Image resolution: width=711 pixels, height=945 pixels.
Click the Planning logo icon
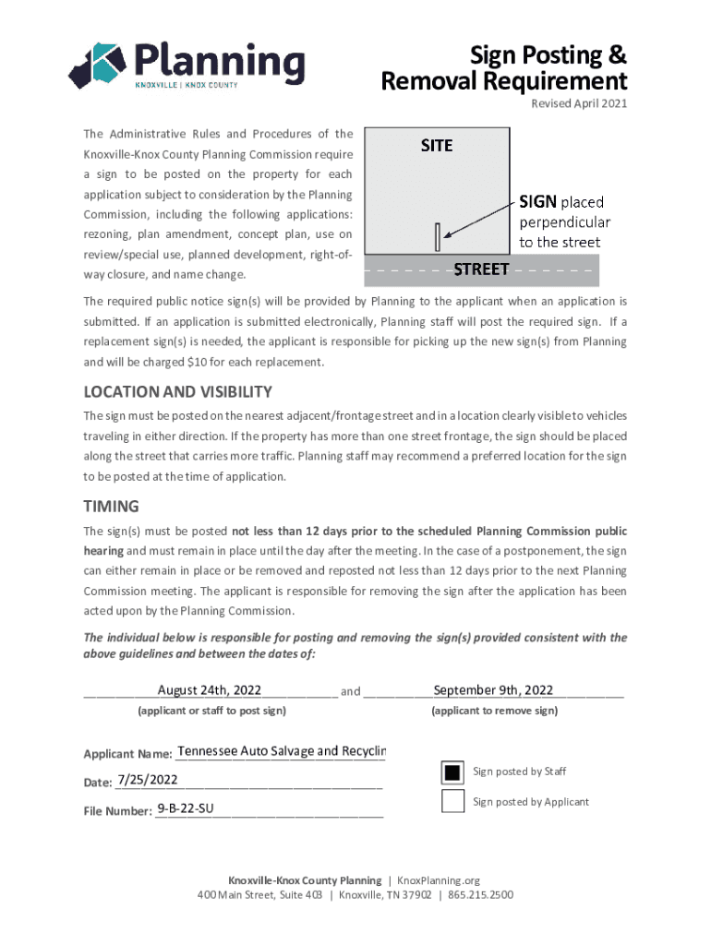97,65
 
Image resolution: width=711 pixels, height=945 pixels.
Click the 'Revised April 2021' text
579,103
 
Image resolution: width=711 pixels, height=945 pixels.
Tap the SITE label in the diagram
437,145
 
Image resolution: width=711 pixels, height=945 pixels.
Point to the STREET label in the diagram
481,269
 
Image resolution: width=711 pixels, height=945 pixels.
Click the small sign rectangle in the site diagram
438,236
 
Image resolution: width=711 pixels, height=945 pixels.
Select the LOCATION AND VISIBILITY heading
177,391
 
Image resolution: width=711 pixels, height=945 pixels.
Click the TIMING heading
111,506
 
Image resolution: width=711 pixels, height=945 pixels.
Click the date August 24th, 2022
210,690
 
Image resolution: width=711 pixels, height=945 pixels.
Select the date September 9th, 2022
493,690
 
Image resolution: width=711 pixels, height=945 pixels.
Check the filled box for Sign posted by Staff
452,772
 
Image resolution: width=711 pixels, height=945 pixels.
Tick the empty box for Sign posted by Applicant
452,801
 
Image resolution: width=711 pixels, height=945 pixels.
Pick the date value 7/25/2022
148,781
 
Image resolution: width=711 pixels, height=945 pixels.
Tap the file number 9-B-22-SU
186,809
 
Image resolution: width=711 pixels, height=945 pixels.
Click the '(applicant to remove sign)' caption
494,711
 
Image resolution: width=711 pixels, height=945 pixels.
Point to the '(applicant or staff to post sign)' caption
211,711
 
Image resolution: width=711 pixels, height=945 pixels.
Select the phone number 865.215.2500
481,895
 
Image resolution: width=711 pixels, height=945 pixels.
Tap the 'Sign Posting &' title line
548,55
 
